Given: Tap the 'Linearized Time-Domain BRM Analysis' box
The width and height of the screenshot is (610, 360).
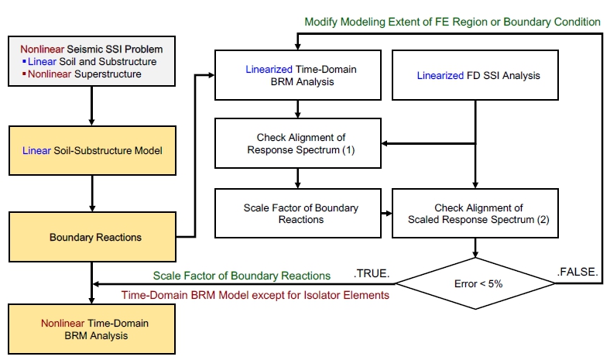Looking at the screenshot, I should click(x=298, y=76).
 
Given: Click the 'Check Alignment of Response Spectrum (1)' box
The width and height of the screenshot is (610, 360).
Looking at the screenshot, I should click(x=298, y=143).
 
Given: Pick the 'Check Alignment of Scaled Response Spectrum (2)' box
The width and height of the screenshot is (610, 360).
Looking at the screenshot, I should click(x=475, y=214).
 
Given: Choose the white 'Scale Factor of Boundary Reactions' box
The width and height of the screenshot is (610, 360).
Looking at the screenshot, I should click(x=298, y=214).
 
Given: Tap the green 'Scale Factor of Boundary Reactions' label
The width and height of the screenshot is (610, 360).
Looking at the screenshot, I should click(x=242, y=275).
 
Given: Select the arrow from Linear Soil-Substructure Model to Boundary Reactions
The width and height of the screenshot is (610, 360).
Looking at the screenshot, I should click(x=92, y=194).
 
